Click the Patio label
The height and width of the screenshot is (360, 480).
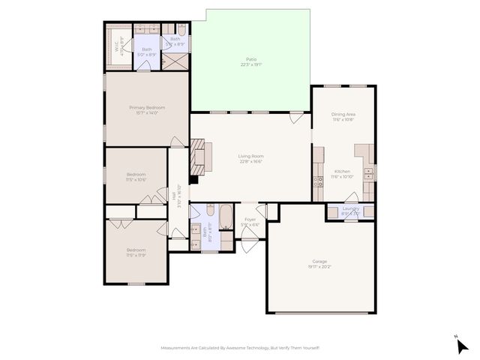[250, 61]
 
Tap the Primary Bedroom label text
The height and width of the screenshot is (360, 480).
[146, 109]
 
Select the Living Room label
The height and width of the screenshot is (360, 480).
[251, 158]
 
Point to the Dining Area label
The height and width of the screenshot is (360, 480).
[343, 116]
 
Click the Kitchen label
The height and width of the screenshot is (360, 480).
[342, 174]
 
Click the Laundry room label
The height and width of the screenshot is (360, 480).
[350, 210]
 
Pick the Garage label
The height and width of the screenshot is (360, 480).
[319, 264]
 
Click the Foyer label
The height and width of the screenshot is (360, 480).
[250, 221]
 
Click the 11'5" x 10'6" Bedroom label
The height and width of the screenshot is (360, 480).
[136, 177]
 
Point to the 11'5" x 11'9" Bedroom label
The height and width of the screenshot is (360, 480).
[136, 252]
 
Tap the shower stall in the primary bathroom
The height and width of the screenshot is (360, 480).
[177, 60]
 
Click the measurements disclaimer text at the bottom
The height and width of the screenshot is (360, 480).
[240, 347]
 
